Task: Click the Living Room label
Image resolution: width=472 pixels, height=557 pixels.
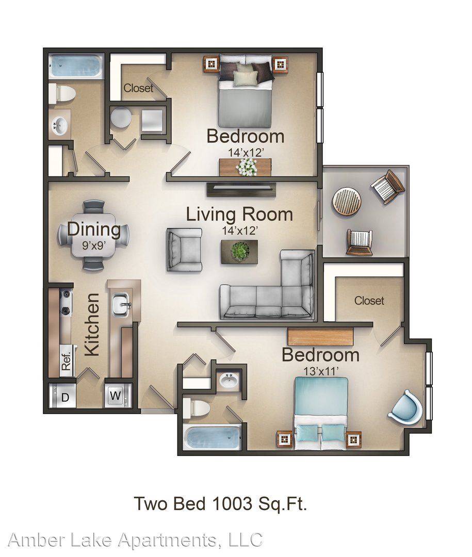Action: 239,215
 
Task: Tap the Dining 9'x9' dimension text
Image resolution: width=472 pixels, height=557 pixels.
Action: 94,245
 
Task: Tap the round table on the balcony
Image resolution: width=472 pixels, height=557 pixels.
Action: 347,201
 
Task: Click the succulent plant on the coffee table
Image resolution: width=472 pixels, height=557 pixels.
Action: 239,252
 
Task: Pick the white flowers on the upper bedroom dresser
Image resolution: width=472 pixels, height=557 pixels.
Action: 247,167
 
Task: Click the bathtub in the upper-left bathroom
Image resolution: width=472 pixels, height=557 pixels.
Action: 75,67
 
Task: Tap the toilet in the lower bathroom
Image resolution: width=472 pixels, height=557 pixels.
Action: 196,408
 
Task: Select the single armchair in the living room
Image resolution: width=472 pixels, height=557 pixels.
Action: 185,250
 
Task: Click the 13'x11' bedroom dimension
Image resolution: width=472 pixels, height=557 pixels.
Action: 320,371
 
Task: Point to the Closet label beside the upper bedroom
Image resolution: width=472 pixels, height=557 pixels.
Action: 138,88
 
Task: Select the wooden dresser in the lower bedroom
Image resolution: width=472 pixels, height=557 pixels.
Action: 320,336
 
